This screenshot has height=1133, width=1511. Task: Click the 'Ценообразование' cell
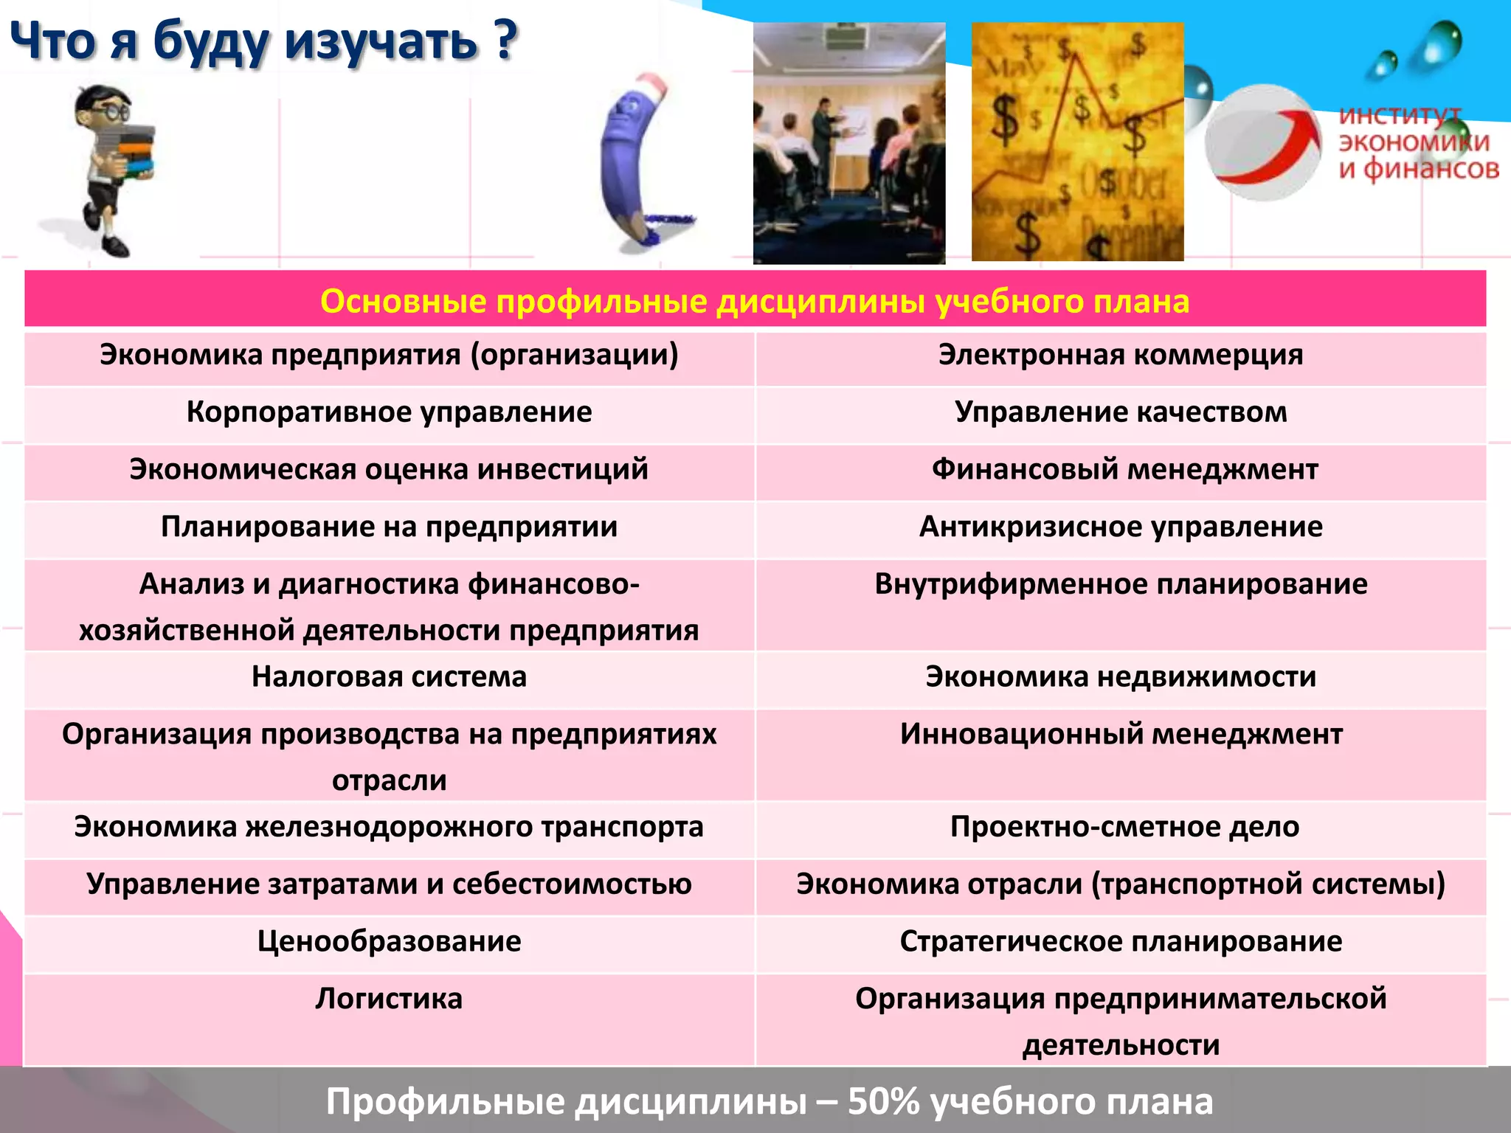point(389,942)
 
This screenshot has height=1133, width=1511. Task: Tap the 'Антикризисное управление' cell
point(1121,527)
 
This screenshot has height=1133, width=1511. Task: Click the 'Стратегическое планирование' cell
point(1121,942)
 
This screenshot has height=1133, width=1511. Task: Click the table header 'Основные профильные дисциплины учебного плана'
point(755,301)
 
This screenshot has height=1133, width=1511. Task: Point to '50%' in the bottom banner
point(882,1101)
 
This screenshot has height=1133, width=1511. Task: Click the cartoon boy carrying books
point(114,170)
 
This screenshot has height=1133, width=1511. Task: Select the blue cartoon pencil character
point(635,159)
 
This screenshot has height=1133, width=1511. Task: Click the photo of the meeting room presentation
point(848,143)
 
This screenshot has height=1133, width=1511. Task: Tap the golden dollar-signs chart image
point(1077,142)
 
